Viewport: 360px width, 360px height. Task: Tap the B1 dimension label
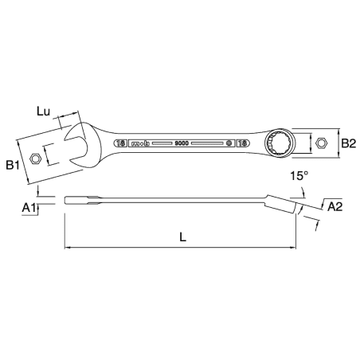click(12, 166)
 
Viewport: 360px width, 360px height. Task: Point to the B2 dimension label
click(348, 143)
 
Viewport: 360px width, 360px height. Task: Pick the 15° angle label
click(298, 174)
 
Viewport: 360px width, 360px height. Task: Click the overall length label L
click(182, 237)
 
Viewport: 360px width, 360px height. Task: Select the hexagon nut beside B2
click(321, 143)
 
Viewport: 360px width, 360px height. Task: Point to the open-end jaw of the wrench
click(80, 147)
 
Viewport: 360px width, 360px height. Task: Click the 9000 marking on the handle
click(182, 143)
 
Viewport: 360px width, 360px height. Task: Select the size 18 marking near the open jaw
click(121, 143)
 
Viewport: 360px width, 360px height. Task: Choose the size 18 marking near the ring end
click(242, 143)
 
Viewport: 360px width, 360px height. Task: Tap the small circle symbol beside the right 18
click(229, 143)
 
